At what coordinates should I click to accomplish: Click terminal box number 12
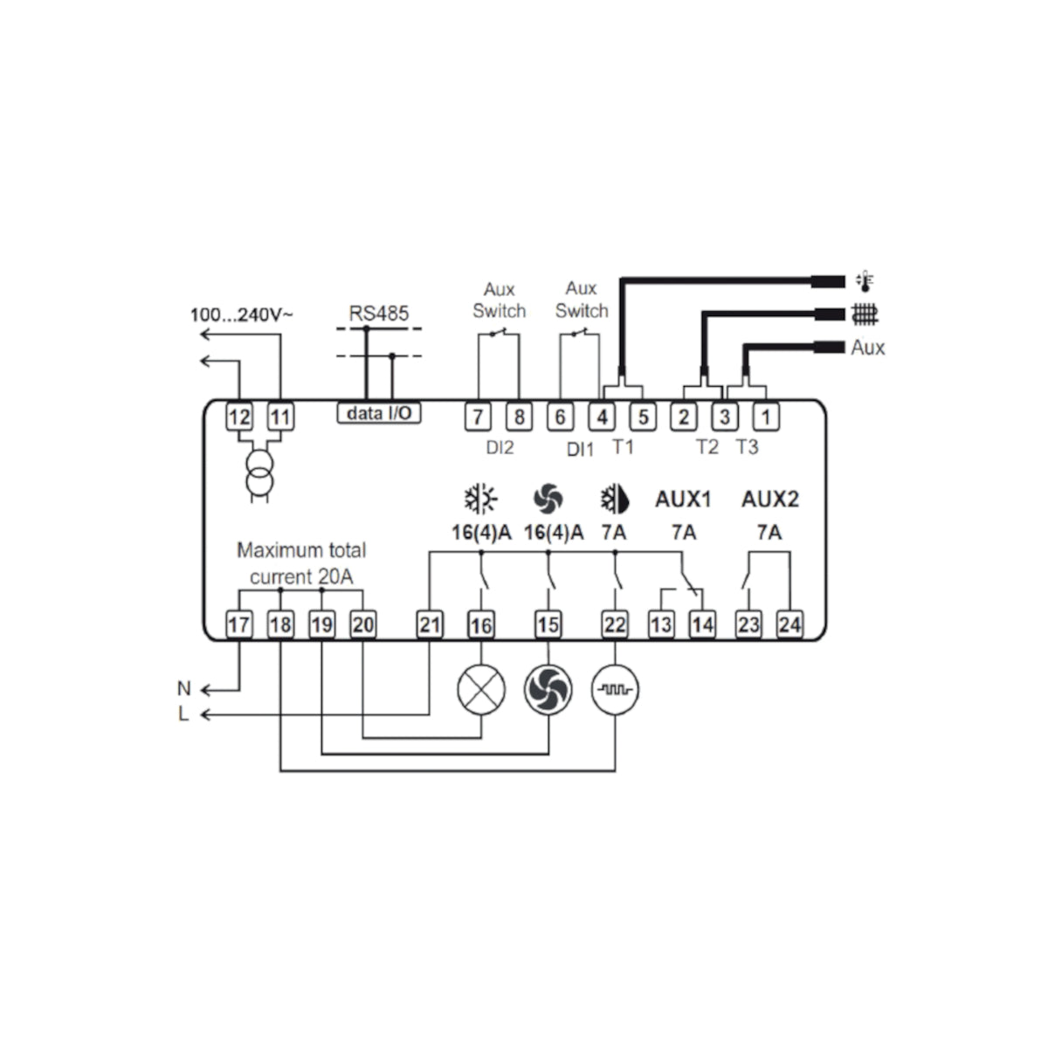239,417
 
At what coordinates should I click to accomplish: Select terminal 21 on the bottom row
430,624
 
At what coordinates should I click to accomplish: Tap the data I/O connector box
379,413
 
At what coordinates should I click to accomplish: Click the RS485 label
378,314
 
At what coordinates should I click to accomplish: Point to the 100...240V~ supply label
241,314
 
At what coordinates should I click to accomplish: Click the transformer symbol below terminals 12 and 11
259,473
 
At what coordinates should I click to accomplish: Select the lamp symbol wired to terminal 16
481,690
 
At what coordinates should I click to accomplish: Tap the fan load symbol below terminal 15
548,690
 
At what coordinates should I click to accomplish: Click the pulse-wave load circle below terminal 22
615,690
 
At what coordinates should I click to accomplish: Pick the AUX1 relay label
683,500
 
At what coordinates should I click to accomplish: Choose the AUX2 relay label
770,500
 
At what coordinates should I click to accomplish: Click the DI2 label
500,448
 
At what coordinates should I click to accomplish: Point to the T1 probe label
624,446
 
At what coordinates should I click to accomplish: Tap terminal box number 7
478,417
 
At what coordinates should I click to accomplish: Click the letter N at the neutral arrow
184,688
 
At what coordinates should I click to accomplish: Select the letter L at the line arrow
183,714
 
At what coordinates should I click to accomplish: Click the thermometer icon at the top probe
865,281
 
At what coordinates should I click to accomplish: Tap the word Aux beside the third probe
868,348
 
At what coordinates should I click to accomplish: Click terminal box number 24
789,624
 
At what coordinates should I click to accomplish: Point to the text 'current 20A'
301,577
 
